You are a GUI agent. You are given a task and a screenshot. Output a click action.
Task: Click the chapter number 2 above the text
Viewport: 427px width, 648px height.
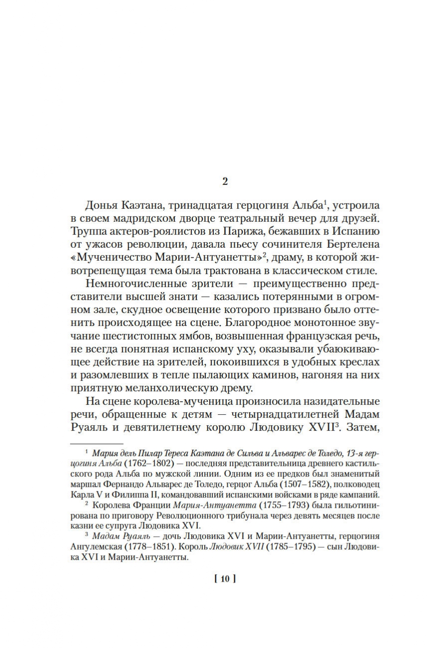click(x=225, y=181)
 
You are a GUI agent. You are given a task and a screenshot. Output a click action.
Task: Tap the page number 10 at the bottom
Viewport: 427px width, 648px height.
click(x=224, y=579)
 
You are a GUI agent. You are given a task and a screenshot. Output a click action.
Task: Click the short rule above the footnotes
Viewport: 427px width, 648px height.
click(x=96, y=443)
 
